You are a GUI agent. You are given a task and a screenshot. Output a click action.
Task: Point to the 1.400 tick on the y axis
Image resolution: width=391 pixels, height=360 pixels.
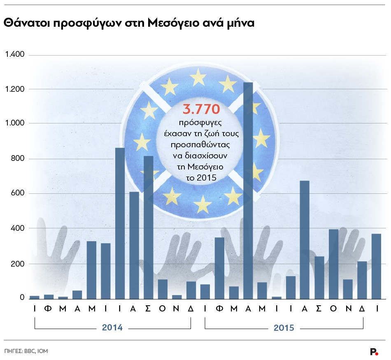(x=14, y=54)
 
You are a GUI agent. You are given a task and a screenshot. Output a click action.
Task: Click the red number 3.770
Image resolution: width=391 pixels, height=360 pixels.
(x=202, y=109)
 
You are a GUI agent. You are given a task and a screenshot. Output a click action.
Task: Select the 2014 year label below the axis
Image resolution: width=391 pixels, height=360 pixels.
(x=112, y=328)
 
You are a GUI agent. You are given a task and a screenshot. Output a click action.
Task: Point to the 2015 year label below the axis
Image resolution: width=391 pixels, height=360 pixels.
(x=284, y=328)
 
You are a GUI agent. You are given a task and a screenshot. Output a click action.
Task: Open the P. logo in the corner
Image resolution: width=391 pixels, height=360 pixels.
(x=374, y=351)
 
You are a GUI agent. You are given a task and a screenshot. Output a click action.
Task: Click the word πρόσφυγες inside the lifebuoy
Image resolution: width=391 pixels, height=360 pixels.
(x=202, y=123)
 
